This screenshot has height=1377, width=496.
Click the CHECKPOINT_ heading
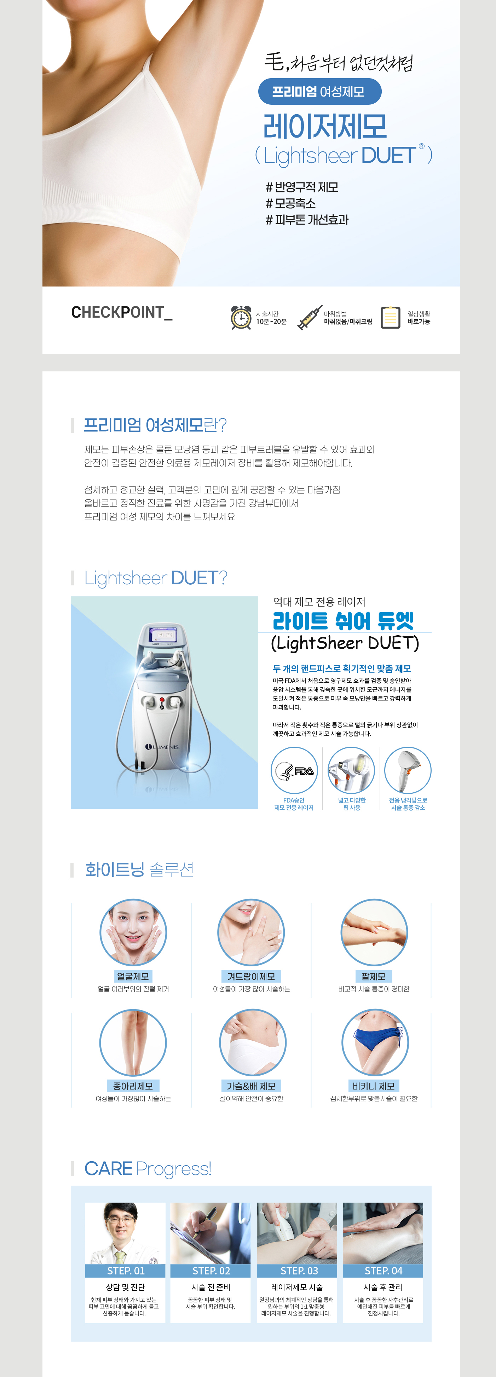coord(122,313)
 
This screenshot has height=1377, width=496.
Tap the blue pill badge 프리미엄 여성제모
coord(319,91)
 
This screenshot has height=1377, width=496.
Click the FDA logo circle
coord(294,770)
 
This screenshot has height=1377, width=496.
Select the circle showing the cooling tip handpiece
coord(408,770)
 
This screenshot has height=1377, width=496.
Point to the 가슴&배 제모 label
coord(251,1086)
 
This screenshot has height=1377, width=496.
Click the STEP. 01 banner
coord(125,1271)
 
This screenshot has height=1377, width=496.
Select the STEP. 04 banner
coord(383,1271)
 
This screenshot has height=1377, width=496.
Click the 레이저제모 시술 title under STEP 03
coord(297,1287)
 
